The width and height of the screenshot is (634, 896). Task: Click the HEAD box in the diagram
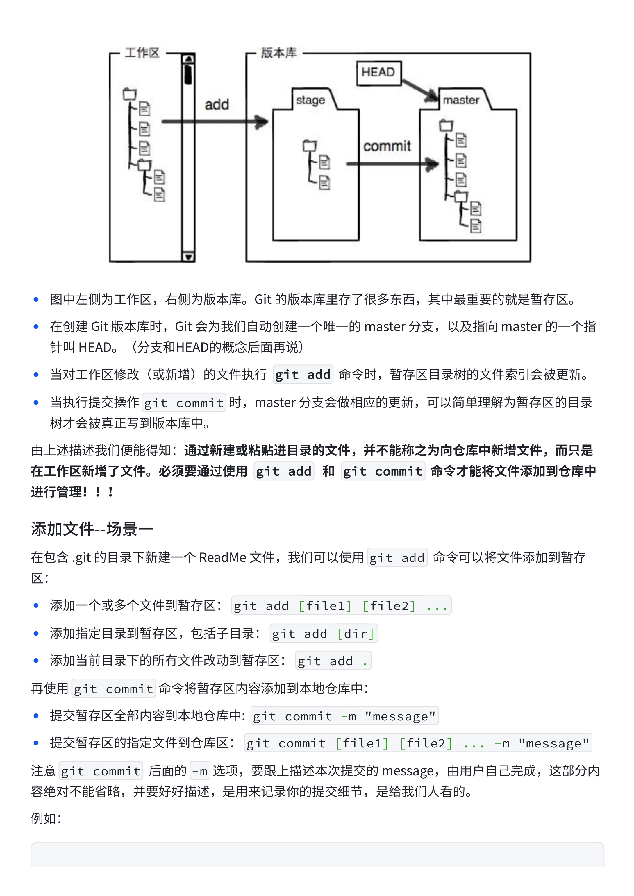pyautogui.click(x=378, y=73)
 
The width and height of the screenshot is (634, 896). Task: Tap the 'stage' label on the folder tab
pyautogui.click(x=310, y=100)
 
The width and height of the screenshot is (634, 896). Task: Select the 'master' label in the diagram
pyautogui.click(x=461, y=100)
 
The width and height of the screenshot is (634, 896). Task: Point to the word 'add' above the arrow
pyautogui.click(x=217, y=105)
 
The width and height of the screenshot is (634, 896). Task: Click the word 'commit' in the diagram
pyautogui.click(x=387, y=146)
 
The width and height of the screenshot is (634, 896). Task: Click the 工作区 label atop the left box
pyautogui.click(x=142, y=52)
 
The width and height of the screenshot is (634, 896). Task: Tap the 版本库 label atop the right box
pyautogui.click(x=279, y=52)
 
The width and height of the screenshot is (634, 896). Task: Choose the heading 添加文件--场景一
pyautogui.click(x=92, y=529)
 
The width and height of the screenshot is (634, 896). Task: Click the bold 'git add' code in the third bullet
pyautogui.click(x=303, y=375)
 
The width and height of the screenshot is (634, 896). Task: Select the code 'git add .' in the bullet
pyautogui.click(x=333, y=661)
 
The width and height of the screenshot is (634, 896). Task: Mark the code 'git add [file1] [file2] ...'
pyautogui.click(x=341, y=606)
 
